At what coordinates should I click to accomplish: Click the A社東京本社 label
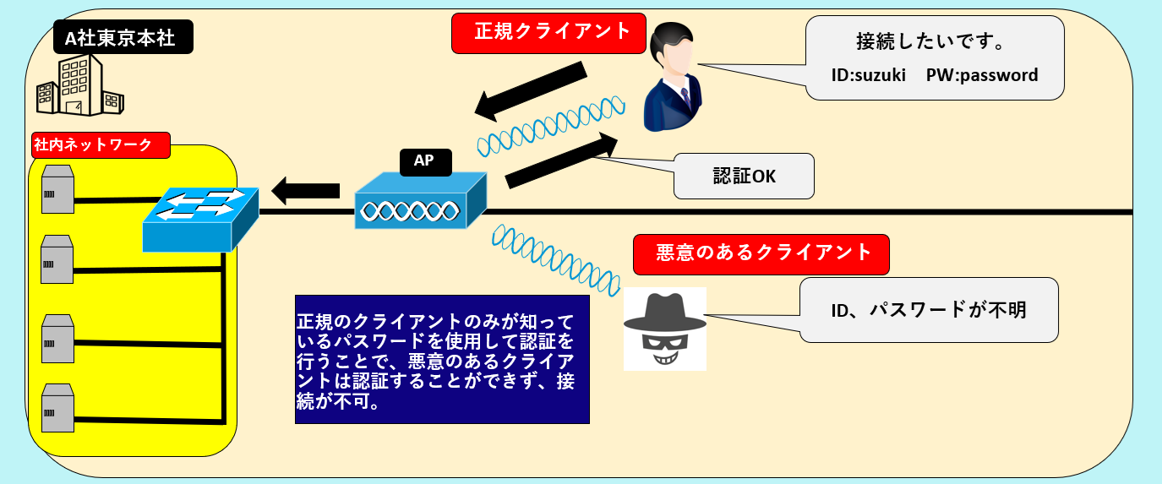(120, 38)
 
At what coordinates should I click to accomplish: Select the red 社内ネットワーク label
(100, 145)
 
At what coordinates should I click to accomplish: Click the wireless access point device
(420, 202)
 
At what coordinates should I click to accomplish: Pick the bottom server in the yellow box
(57, 406)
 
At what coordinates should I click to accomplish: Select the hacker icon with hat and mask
(664, 329)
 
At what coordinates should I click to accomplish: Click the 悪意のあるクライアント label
(761, 253)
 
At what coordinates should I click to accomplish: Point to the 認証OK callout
(743, 176)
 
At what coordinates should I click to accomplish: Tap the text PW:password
(981, 75)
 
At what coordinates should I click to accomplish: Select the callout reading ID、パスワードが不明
(928, 310)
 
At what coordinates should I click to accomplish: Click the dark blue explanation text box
(441, 359)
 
